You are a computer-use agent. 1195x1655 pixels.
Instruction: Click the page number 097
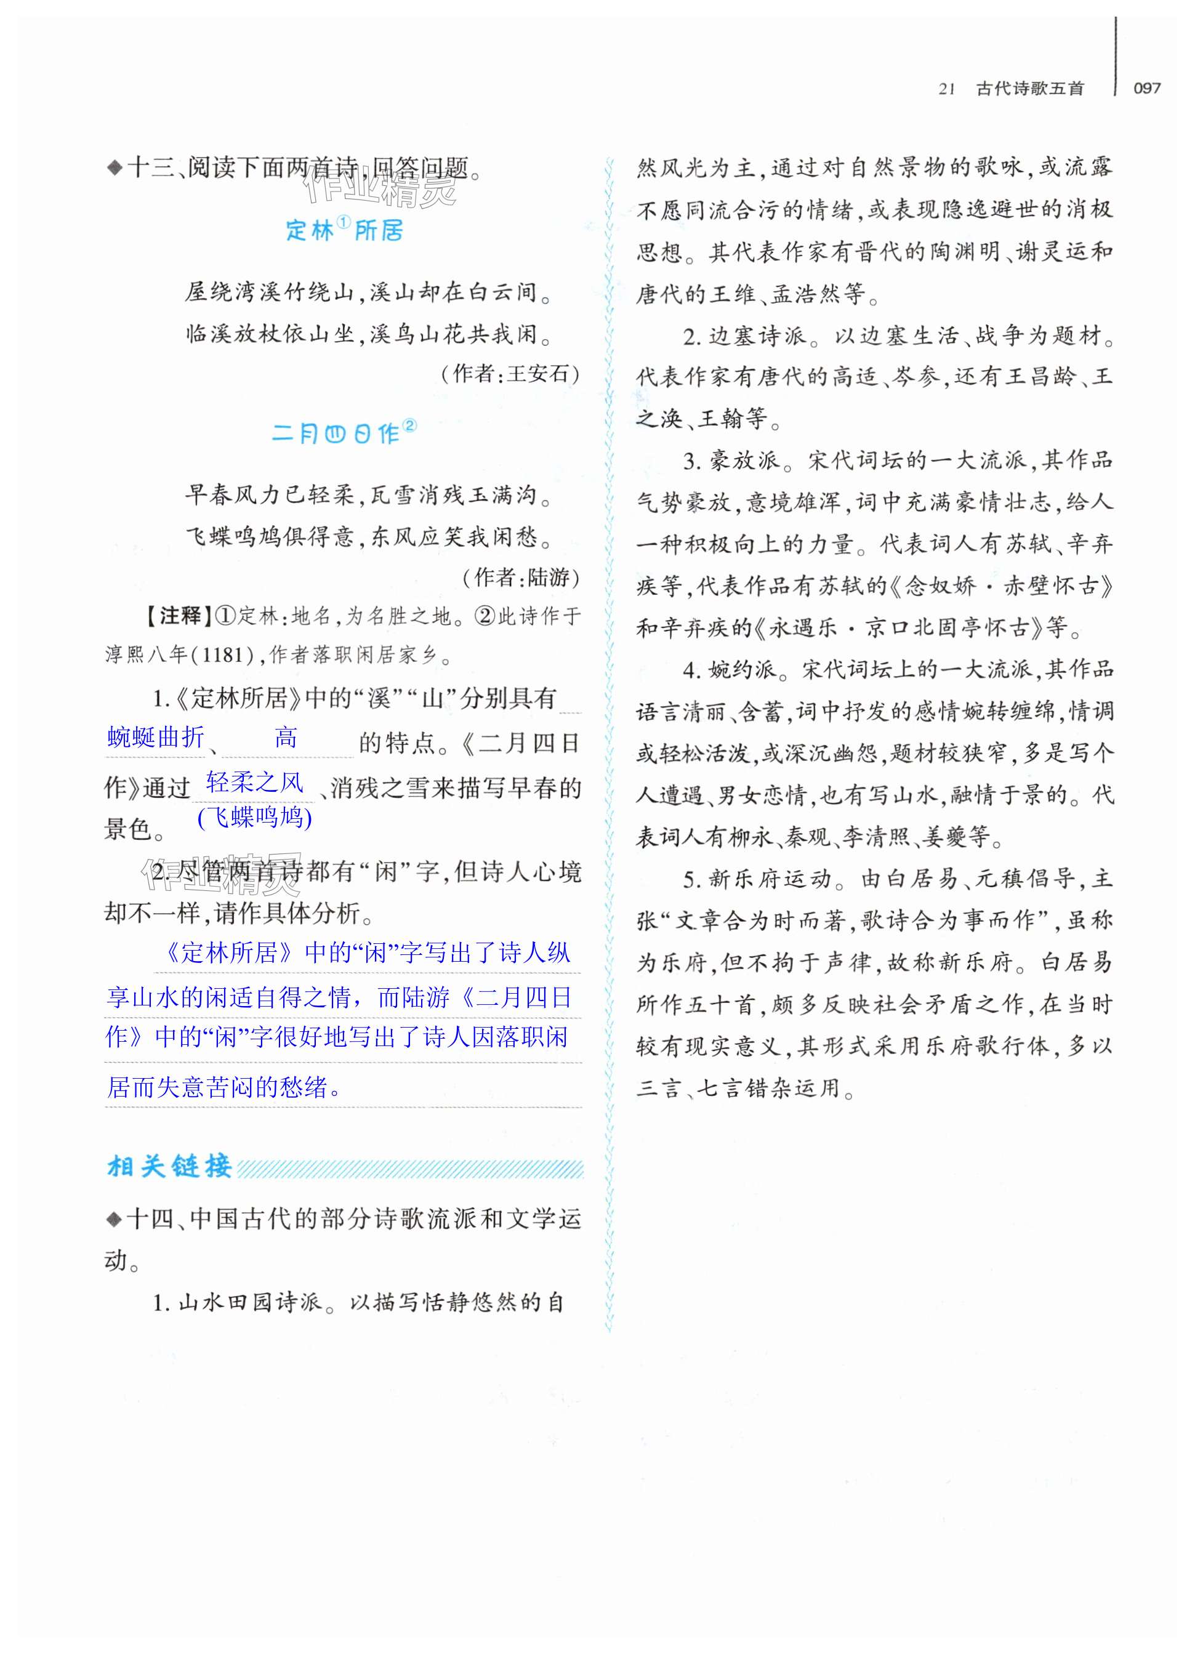1147,88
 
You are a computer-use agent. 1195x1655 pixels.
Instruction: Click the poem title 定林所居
344,231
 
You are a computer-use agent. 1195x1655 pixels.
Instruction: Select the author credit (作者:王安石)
510,374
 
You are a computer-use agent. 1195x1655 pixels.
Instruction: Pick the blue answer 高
286,738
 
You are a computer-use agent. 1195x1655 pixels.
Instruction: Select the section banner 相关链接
169,1166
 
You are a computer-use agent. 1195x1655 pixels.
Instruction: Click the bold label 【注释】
175,616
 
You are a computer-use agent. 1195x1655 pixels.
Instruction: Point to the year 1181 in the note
222,654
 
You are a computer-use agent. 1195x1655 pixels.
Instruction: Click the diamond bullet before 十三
114,169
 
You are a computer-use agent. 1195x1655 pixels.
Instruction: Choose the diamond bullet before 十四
114,1218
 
